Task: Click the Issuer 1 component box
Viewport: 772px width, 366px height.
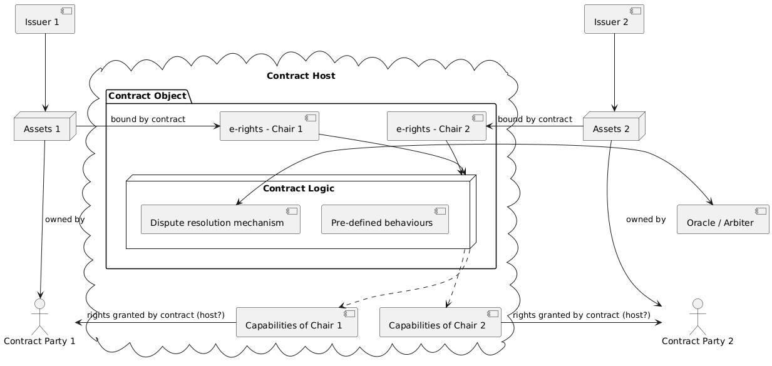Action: (45, 19)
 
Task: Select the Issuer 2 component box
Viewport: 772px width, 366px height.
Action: (614, 19)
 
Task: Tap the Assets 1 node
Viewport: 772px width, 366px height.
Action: (44, 130)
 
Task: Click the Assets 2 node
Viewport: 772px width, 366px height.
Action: (613, 130)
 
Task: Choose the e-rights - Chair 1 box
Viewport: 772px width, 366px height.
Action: (269, 127)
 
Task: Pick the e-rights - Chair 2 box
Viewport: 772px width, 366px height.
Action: (436, 127)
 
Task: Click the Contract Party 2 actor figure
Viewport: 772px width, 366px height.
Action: (697, 316)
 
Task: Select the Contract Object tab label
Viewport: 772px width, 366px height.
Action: (147, 96)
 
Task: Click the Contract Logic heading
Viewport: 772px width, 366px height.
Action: (299, 188)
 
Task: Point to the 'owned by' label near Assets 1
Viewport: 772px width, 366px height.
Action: (64, 220)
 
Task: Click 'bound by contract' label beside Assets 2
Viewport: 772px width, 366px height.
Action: (535, 119)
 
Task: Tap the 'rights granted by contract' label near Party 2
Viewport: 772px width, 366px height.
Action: (581, 315)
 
